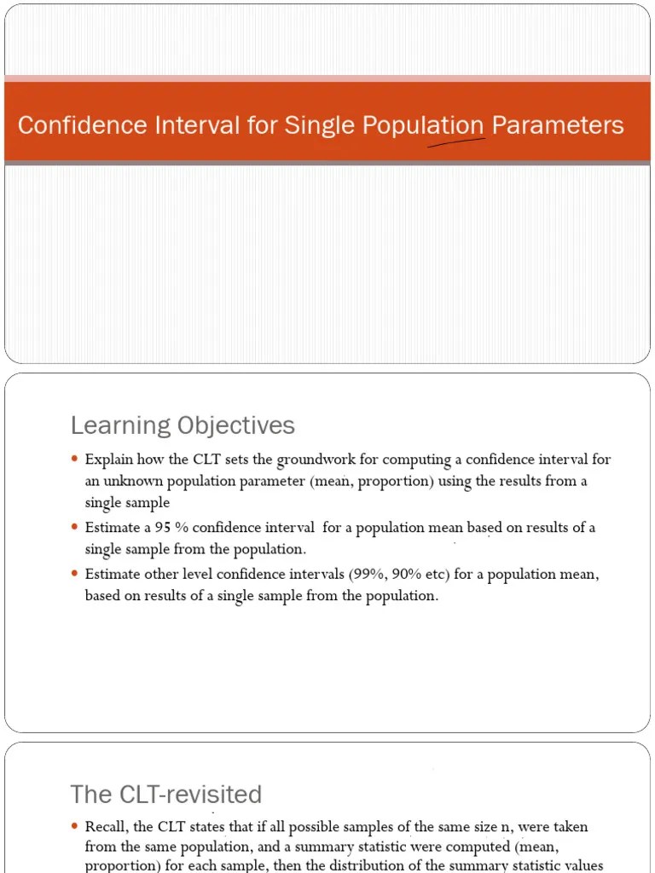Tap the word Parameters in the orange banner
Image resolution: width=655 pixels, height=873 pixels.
point(558,125)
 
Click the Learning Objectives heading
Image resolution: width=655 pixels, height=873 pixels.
point(183,425)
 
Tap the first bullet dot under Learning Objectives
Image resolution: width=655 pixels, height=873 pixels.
point(75,460)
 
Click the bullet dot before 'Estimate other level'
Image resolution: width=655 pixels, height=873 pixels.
point(75,575)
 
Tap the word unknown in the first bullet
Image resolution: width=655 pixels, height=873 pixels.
point(133,481)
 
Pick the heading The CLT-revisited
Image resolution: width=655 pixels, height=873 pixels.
point(165,795)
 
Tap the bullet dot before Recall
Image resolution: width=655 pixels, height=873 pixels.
point(75,827)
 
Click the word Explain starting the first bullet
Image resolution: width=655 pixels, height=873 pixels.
point(108,460)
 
